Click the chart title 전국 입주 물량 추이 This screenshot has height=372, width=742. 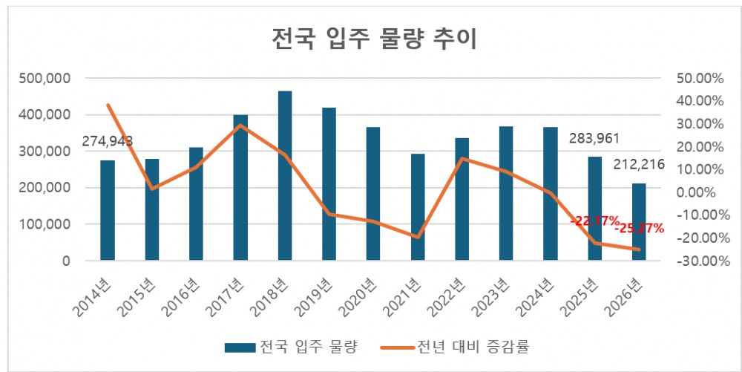[372, 38]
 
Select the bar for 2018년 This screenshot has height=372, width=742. [285, 176]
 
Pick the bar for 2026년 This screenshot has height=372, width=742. [639, 222]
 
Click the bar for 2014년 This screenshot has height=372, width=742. [108, 210]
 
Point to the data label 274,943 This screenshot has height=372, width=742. [108, 140]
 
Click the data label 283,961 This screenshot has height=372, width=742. [594, 138]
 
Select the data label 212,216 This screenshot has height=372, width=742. [639, 165]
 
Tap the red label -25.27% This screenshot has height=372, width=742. [638, 228]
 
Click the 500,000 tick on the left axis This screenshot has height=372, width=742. [48, 79]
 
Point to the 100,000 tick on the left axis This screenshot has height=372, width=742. [48, 224]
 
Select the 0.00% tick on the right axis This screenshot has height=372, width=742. [699, 192]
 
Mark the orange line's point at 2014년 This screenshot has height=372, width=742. [108, 105]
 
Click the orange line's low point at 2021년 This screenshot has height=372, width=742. [418, 237]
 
